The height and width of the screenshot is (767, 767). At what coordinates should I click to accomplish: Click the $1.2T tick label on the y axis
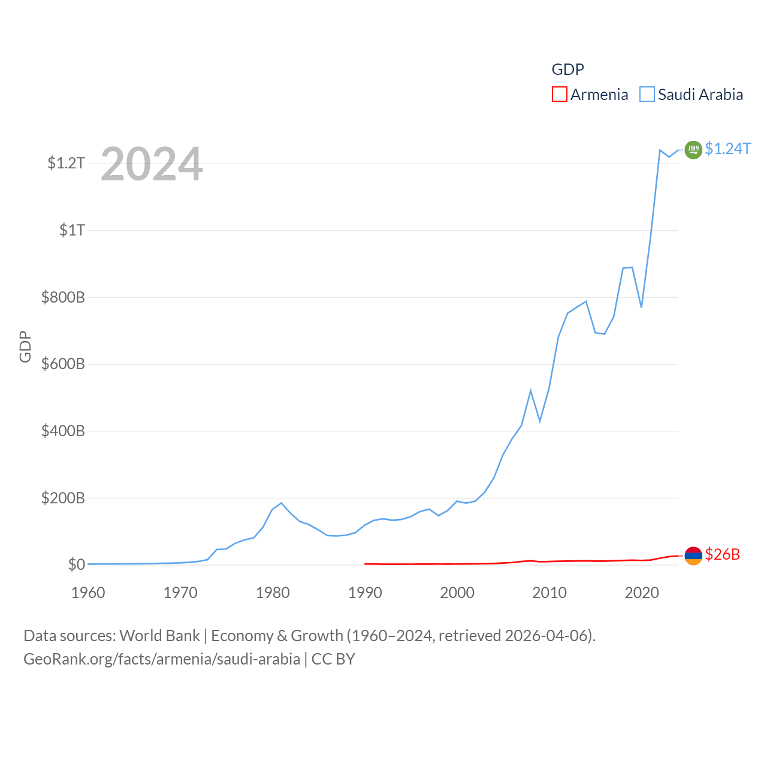pyautogui.click(x=66, y=163)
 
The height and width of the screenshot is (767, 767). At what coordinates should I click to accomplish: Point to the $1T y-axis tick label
pyautogui.click(x=72, y=230)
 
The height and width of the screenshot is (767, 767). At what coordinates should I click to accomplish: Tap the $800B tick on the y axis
pyautogui.click(x=63, y=297)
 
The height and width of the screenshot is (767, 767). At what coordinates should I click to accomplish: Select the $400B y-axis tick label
pyautogui.click(x=63, y=431)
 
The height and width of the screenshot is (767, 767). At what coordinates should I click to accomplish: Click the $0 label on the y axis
pyautogui.click(x=76, y=564)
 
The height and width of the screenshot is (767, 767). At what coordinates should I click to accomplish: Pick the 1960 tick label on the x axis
pyautogui.click(x=88, y=593)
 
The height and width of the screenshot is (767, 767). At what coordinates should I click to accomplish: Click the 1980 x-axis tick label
pyautogui.click(x=273, y=593)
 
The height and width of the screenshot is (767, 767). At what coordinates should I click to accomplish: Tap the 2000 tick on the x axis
pyautogui.click(x=457, y=593)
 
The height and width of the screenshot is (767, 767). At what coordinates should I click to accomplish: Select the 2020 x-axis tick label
pyautogui.click(x=642, y=593)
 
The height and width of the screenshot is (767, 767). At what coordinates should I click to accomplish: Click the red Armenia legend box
pyautogui.click(x=559, y=94)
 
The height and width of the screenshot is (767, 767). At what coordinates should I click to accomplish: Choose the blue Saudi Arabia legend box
pyautogui.click(x=647, y=94)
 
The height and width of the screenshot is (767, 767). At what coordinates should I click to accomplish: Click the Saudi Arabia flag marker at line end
pyautogui.click(x=693, y=149)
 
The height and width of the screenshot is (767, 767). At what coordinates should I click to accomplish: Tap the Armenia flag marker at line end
pyautogui.click(x=693, y=555)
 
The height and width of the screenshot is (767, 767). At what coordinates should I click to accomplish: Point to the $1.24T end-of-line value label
pyautogui.click(x=727, y=149)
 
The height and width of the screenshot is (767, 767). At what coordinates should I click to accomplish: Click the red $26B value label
pyautogui.click(x=722, y=554)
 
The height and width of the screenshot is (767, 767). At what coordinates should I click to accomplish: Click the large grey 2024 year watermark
pyautogui.click(x=152, y=164)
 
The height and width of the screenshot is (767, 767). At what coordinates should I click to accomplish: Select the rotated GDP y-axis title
pyautogui.click(x=25, y=346)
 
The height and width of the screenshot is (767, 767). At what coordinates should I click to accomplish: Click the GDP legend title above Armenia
pyautogui.click(x=567, y=70)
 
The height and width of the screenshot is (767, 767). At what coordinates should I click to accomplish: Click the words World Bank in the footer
pyautogui.click(x=160, y=635)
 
